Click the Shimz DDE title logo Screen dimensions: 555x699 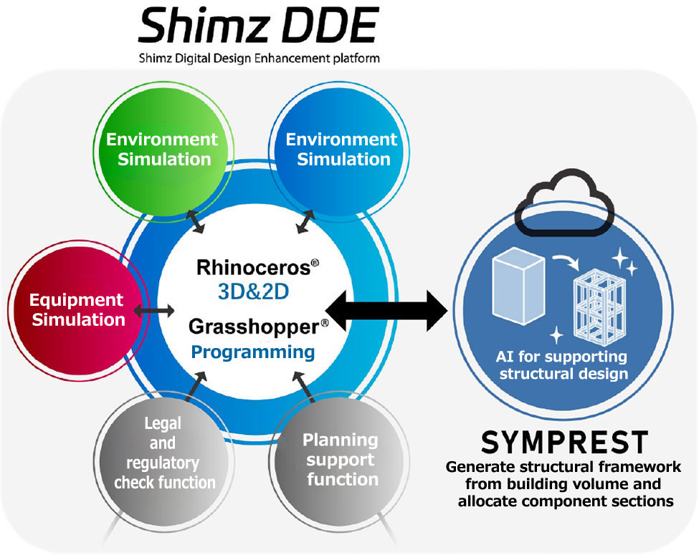click(259, 27)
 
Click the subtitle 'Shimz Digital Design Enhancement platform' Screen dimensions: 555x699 click(259, 57)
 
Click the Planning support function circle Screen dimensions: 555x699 click(341, 458)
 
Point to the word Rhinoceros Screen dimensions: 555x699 click(252, 269)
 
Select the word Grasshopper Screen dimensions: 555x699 click(253, 327)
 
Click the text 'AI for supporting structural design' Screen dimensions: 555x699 click(563, 365)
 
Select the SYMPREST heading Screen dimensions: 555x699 click(564, 443)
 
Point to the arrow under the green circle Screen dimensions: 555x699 click(194, 221)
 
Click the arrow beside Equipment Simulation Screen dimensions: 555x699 click(157, 310)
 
